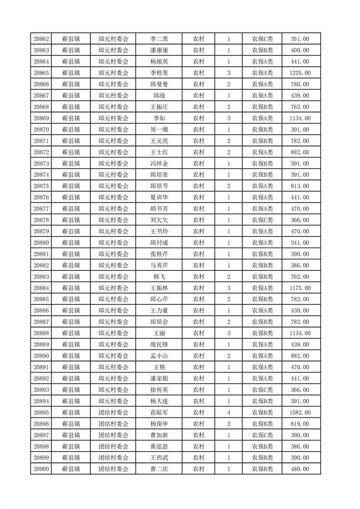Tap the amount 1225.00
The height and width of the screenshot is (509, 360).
(x=300, y=73)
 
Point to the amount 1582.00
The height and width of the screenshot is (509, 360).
(x=300, y=412)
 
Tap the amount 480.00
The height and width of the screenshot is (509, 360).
(x=300, y=469)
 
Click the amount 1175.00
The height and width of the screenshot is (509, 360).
(x=300, y=288)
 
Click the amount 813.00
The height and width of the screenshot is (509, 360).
(x=300, y=186)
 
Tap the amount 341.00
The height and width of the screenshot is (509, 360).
(x=300, y=243)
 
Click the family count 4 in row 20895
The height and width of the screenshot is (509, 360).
(x=228, y=412)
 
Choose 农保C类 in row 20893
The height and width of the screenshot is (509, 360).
(x=262, y=390)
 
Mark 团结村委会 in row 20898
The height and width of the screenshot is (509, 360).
(x=113, y=446)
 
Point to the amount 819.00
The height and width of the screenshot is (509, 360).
(x=300, y=424)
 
